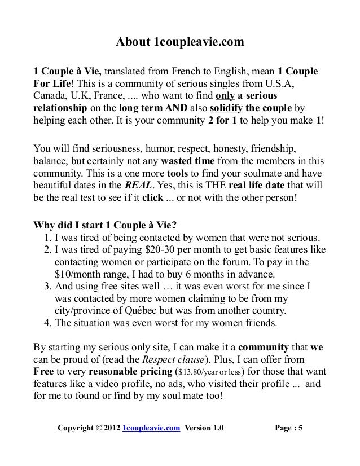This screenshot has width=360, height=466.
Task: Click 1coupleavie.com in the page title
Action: (195, 43)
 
